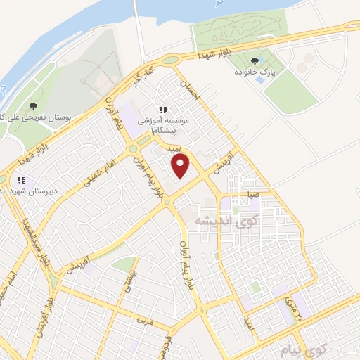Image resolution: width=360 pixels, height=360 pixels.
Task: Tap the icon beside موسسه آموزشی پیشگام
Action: pos(164,110)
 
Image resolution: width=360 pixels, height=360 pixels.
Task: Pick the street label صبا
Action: pos(252,193)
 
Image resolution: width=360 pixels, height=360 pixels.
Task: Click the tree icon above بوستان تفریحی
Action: pos(33,106)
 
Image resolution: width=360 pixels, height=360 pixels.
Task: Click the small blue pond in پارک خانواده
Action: pos(261,79)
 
